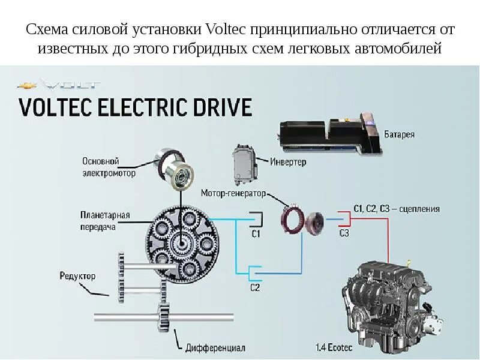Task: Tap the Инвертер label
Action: [288, 162]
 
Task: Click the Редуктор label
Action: [77, 275]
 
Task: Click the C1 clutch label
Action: [255, 235]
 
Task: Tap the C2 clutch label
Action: [255, 287]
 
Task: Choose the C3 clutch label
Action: [344, 233]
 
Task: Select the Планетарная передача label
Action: [105, 221]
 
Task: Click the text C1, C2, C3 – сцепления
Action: [397, 209]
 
